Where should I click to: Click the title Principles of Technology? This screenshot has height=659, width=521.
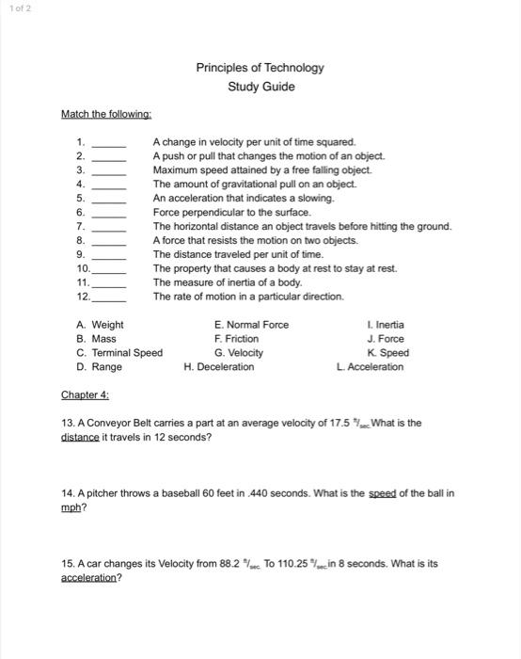(260, 68)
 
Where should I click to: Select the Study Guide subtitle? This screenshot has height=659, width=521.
(260, 87)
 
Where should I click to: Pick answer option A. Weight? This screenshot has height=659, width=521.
(100, 325)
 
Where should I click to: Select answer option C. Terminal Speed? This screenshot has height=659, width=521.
(119, 353)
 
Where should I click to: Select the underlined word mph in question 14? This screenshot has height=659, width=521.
(71, 506)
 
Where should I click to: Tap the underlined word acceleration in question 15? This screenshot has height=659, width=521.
(90, 577)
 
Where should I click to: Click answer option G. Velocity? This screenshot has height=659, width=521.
(239, 353)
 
